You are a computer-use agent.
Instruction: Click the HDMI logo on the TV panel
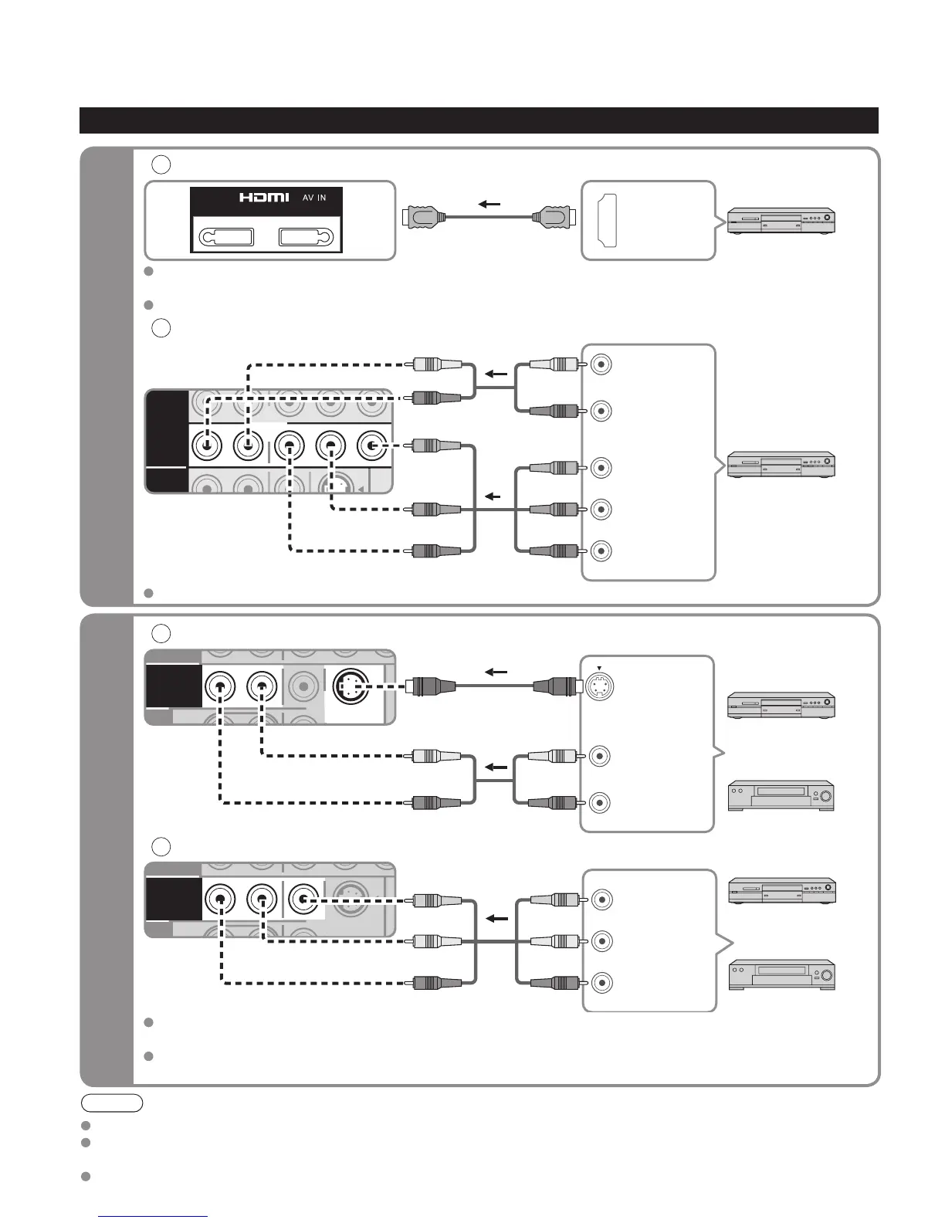point(264,198)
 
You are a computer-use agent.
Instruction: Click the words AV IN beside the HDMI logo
point(313,198)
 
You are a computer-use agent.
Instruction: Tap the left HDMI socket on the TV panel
point(226,237)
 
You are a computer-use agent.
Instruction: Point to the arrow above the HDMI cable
point(488,205)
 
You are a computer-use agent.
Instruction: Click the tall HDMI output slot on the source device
point(605,220)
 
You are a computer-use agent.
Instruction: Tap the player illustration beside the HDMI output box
point(781,221)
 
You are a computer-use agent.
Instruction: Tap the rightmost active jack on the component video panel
point(372,446)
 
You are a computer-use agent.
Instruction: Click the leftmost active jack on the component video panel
point(206,446)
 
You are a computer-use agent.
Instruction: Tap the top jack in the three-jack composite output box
point(601,899)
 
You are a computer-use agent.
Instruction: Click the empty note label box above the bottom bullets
point(113,1103)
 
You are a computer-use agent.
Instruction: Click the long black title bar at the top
point(479,120)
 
